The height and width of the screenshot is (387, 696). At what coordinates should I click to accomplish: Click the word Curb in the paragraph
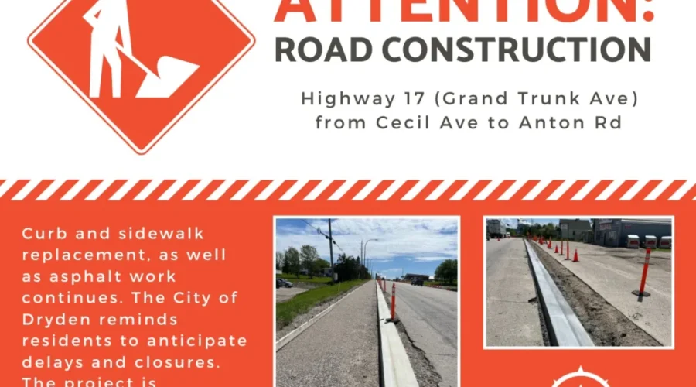43,233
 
